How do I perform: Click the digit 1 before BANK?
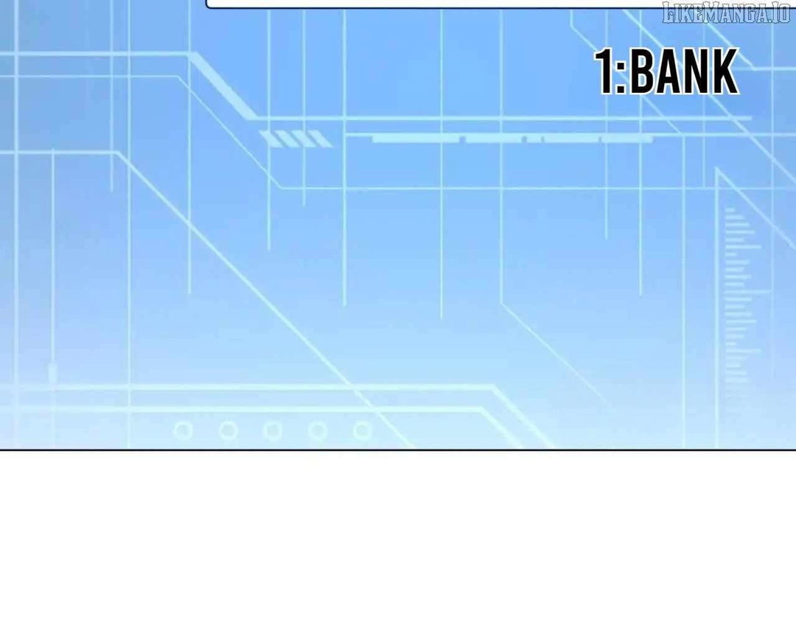[605, 71]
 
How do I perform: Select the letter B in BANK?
[642, 71]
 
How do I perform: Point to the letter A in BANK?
[668, 71]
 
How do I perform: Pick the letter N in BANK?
[697, 71]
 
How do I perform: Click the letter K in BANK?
[726, 71]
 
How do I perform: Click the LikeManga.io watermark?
[727, 13]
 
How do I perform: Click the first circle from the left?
[184, 431]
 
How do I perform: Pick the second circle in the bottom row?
[228, 431]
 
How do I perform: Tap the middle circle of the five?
[273, 431]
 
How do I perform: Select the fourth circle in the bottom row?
[318, 431]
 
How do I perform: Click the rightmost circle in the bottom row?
[363, 431]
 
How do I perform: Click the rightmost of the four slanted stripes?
[321, 139]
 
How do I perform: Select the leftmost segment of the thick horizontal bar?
[416, 139]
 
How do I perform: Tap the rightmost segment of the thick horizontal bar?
[627, 139]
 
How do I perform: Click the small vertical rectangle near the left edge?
[52, 372]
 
